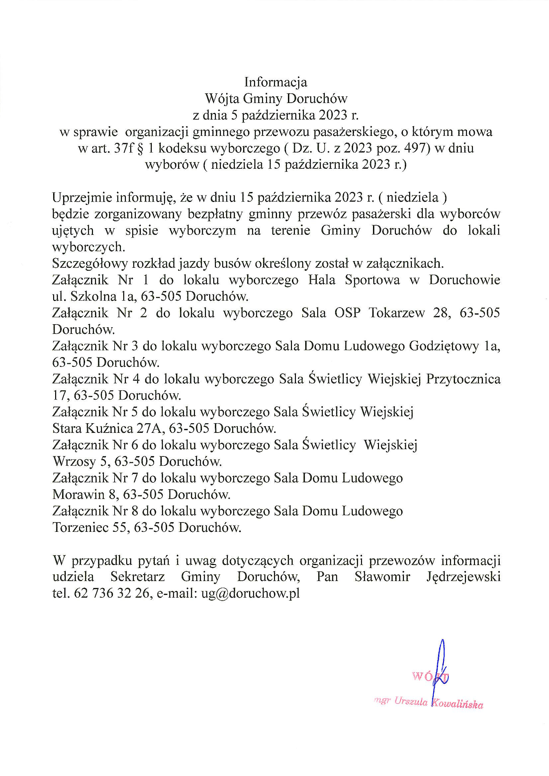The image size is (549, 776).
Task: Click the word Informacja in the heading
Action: (x=276, y=82)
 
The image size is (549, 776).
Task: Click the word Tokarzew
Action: (x=397, y=313)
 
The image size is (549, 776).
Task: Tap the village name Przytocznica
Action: (x=463, y=379)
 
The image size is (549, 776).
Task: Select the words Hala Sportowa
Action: (x=354, y=280)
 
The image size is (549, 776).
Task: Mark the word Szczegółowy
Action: (x=90, y=263)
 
